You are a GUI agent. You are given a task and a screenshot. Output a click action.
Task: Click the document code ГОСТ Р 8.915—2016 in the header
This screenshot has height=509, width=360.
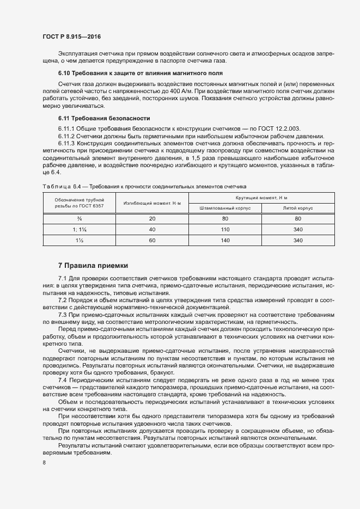(x=72, y=36)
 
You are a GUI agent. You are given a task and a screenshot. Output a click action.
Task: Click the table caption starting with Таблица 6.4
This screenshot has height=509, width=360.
(x=144, y=186)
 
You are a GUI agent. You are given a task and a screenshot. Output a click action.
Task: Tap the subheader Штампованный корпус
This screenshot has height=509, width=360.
(x=225, y=208)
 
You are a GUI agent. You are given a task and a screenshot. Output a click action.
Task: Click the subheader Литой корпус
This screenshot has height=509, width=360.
(x=298, y=208)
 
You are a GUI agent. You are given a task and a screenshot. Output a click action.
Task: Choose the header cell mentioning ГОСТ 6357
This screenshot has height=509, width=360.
(x=79, y=203)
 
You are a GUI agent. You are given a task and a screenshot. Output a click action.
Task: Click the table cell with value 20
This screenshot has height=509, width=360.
(x=152, y=219)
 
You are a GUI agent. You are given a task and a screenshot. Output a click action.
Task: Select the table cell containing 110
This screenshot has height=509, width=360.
(x=225, y=229)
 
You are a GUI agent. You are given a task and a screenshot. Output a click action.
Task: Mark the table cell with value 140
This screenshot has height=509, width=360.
(x=225, y=240)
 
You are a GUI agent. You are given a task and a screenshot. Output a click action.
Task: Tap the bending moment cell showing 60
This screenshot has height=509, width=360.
(x=152, y=240)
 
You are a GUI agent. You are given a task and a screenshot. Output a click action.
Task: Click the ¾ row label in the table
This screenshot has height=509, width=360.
(x=79, y=219)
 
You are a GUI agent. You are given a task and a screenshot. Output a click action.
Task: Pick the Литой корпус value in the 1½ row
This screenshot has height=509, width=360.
(x=298, y=240)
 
